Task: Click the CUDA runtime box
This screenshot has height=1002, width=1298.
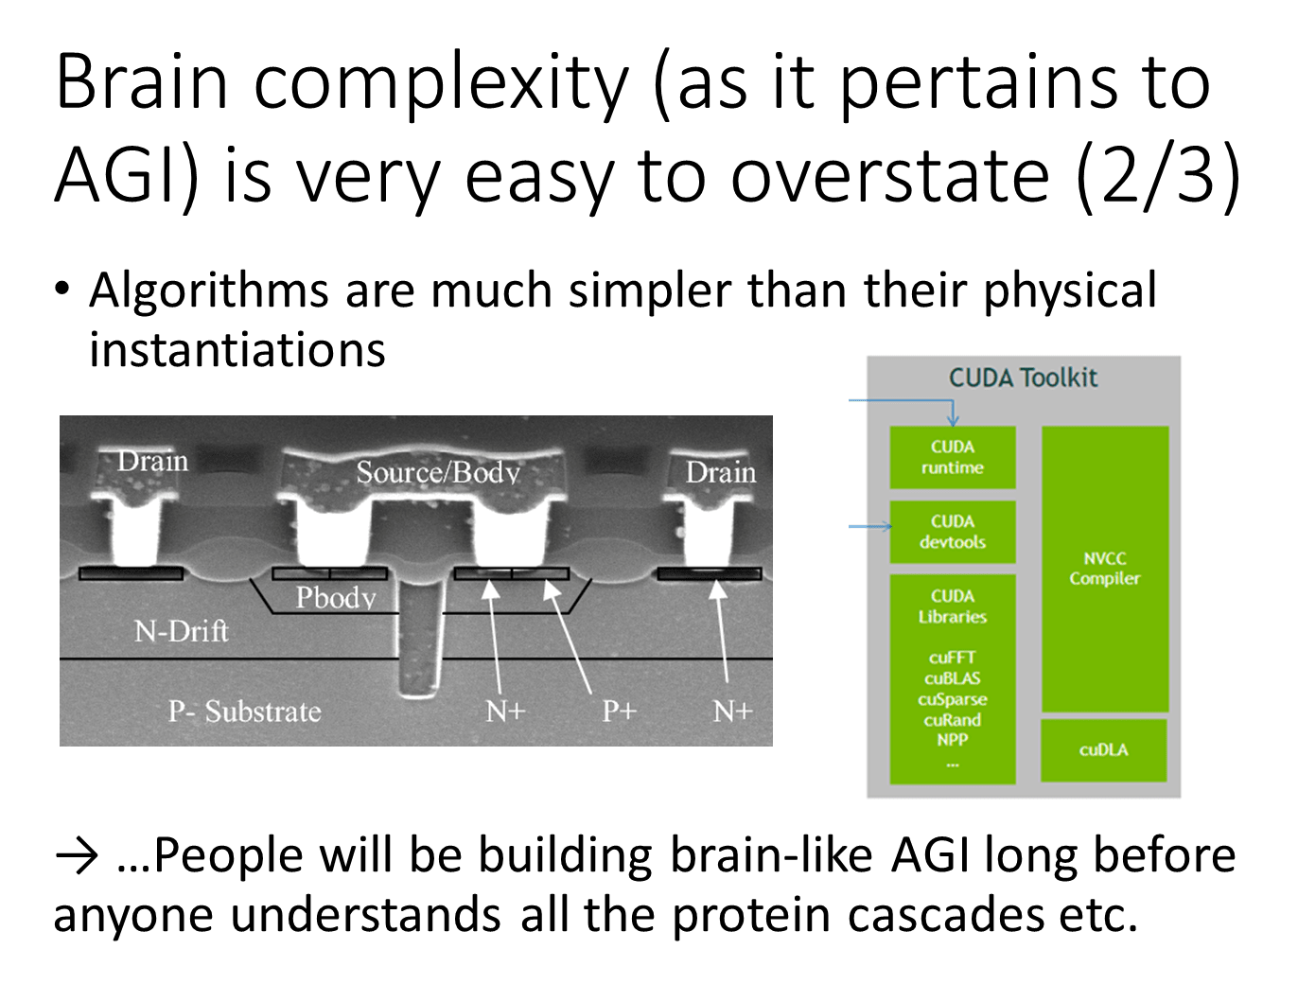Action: [x=952, y=457]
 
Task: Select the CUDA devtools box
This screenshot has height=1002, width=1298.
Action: [x=952, y=532]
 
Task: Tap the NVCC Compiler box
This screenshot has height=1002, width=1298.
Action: [x=1104, y=569]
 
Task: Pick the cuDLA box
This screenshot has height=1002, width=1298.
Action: [x=1103, y=749]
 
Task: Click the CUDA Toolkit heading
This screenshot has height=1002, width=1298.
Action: [x=1023, y=378]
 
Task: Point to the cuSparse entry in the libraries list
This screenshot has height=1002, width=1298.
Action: [x=952, y=699]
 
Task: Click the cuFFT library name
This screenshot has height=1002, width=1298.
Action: [x=952, y=658]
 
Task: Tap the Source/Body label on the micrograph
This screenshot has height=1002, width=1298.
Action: [x=438, y=472]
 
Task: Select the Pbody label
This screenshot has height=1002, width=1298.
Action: [x=336, y=598]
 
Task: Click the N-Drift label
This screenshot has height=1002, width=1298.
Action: [x=182, y=630]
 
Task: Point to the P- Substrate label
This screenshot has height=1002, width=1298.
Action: [x=244, y=711]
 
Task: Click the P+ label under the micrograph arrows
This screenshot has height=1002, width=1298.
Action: [x=619, y=711]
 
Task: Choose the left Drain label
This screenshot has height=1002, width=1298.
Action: [x=152, y=461]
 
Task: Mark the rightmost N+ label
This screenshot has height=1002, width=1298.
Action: [x=731, y=711]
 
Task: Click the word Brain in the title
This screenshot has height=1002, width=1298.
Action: [x=142, y=83]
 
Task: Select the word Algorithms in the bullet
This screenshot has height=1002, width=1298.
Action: [x=209, y=290]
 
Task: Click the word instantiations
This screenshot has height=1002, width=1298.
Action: [x=237, y=349]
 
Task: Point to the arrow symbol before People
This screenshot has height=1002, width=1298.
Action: [x=77, y=856]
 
